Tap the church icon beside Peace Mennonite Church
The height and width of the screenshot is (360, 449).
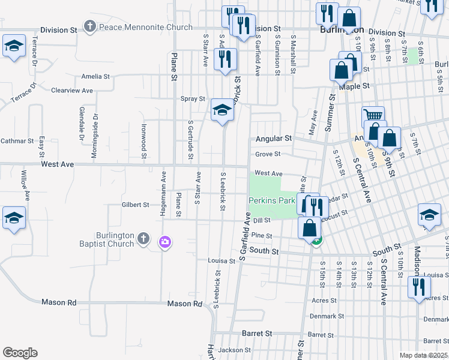click(90, 26)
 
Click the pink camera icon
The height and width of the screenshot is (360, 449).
click(164, 242)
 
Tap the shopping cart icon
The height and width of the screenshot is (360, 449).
click(373, 116)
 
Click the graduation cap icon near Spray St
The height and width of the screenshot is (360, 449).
click(222, 110)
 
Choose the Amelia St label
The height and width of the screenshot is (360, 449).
click(96, 77)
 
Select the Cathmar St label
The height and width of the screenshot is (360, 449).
click(17, 141)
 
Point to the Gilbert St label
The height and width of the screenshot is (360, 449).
click(135, 205)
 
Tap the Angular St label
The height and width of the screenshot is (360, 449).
click(273, 139)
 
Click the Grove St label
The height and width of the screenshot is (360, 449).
click(268, 154)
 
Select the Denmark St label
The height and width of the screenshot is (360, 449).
click(327, 316)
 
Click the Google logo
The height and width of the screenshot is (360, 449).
click(20, 353)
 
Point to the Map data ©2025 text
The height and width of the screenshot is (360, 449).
click(423, 355)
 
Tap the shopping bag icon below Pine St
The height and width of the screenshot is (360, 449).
click(310, 229)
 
